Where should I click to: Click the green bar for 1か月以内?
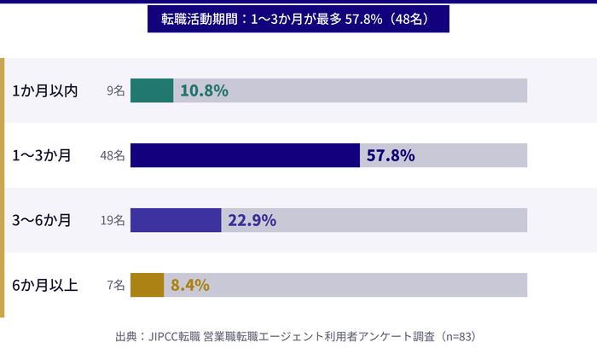click(152, 90)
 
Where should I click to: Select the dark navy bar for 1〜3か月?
click(245, 155)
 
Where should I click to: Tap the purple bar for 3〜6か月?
click(176, 220)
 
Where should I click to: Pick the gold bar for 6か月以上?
click(147, 285)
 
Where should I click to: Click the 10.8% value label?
click(204, 90)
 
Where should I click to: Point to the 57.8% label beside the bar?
click(391, 155)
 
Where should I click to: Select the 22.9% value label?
click(252, 220)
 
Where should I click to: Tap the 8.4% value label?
click(190, 285)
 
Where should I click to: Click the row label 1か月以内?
click(45, 90)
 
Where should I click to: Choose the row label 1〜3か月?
click(42, 155)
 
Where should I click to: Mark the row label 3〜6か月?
click(42, 220)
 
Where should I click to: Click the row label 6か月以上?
click(45, 285)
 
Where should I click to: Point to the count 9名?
click(116, 90)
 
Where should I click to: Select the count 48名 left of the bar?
click(113, 155)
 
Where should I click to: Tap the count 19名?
click(113, 220)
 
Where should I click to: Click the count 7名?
click(116, 285)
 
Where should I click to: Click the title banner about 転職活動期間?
click(298, 18)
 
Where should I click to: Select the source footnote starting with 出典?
click(298, 336)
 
